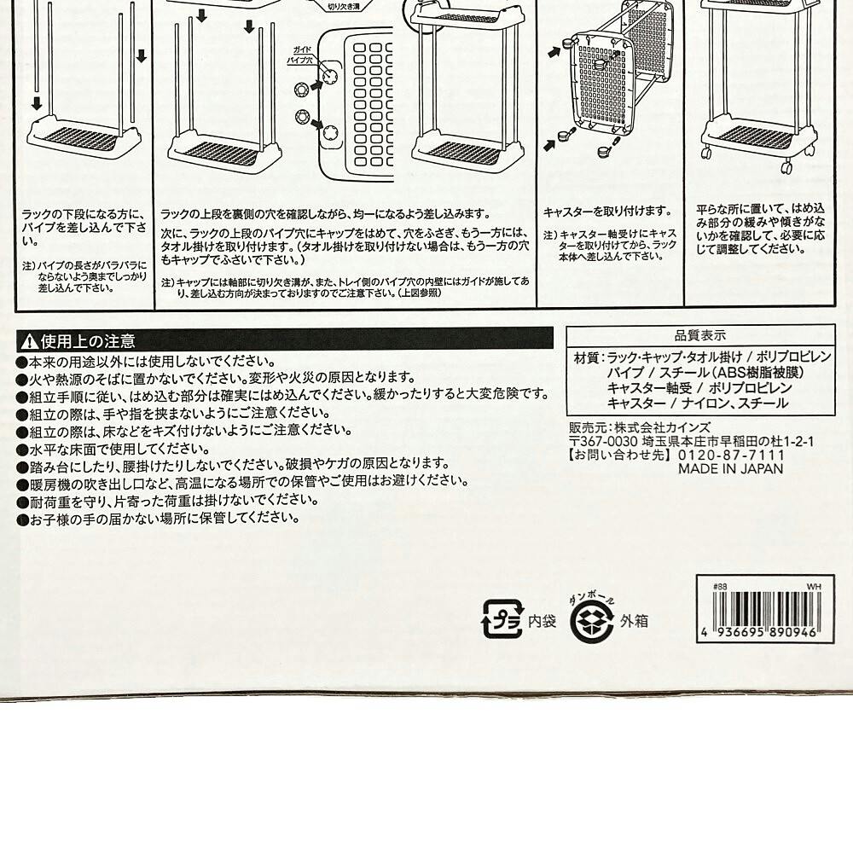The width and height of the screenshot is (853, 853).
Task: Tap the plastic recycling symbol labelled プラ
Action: (x=503, y=618)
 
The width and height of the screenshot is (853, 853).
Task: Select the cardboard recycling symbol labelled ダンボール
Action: (x=593, y=618)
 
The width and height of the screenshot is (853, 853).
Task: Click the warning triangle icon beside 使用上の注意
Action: (x=28, y=341)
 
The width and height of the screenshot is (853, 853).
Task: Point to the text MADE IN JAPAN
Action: (x=730, y=468)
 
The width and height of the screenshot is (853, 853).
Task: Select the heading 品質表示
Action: (x=700, y=334)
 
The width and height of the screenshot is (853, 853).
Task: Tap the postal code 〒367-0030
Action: (x=603, y=441)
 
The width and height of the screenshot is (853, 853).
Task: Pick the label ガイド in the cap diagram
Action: (x=302, y=50)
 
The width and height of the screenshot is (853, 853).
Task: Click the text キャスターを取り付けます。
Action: (x=607, y=211)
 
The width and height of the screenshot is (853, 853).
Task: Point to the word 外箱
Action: (x=634, y=621)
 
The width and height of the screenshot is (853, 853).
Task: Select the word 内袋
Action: (x=542, y=621)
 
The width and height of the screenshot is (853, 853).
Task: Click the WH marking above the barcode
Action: (x=813, y=587)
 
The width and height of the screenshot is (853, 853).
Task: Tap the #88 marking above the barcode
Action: (x=720, y=587)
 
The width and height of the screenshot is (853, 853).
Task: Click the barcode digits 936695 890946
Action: (x=765, y=633)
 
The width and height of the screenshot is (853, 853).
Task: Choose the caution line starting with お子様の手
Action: (x=159, y=519)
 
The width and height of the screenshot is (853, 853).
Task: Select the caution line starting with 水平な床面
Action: (x=113, y=449)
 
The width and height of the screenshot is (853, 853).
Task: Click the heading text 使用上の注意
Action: (x=88, y=341)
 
